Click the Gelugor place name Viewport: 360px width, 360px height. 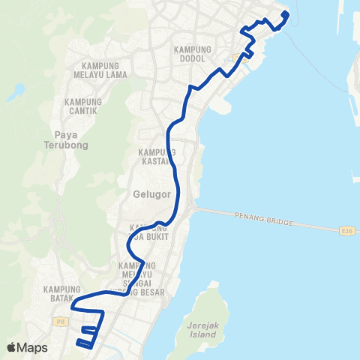(153, 193)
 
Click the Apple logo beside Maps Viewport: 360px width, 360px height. (11, 347)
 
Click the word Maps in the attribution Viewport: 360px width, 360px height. (33, 347)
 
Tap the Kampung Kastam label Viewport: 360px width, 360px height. (157, 157)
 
